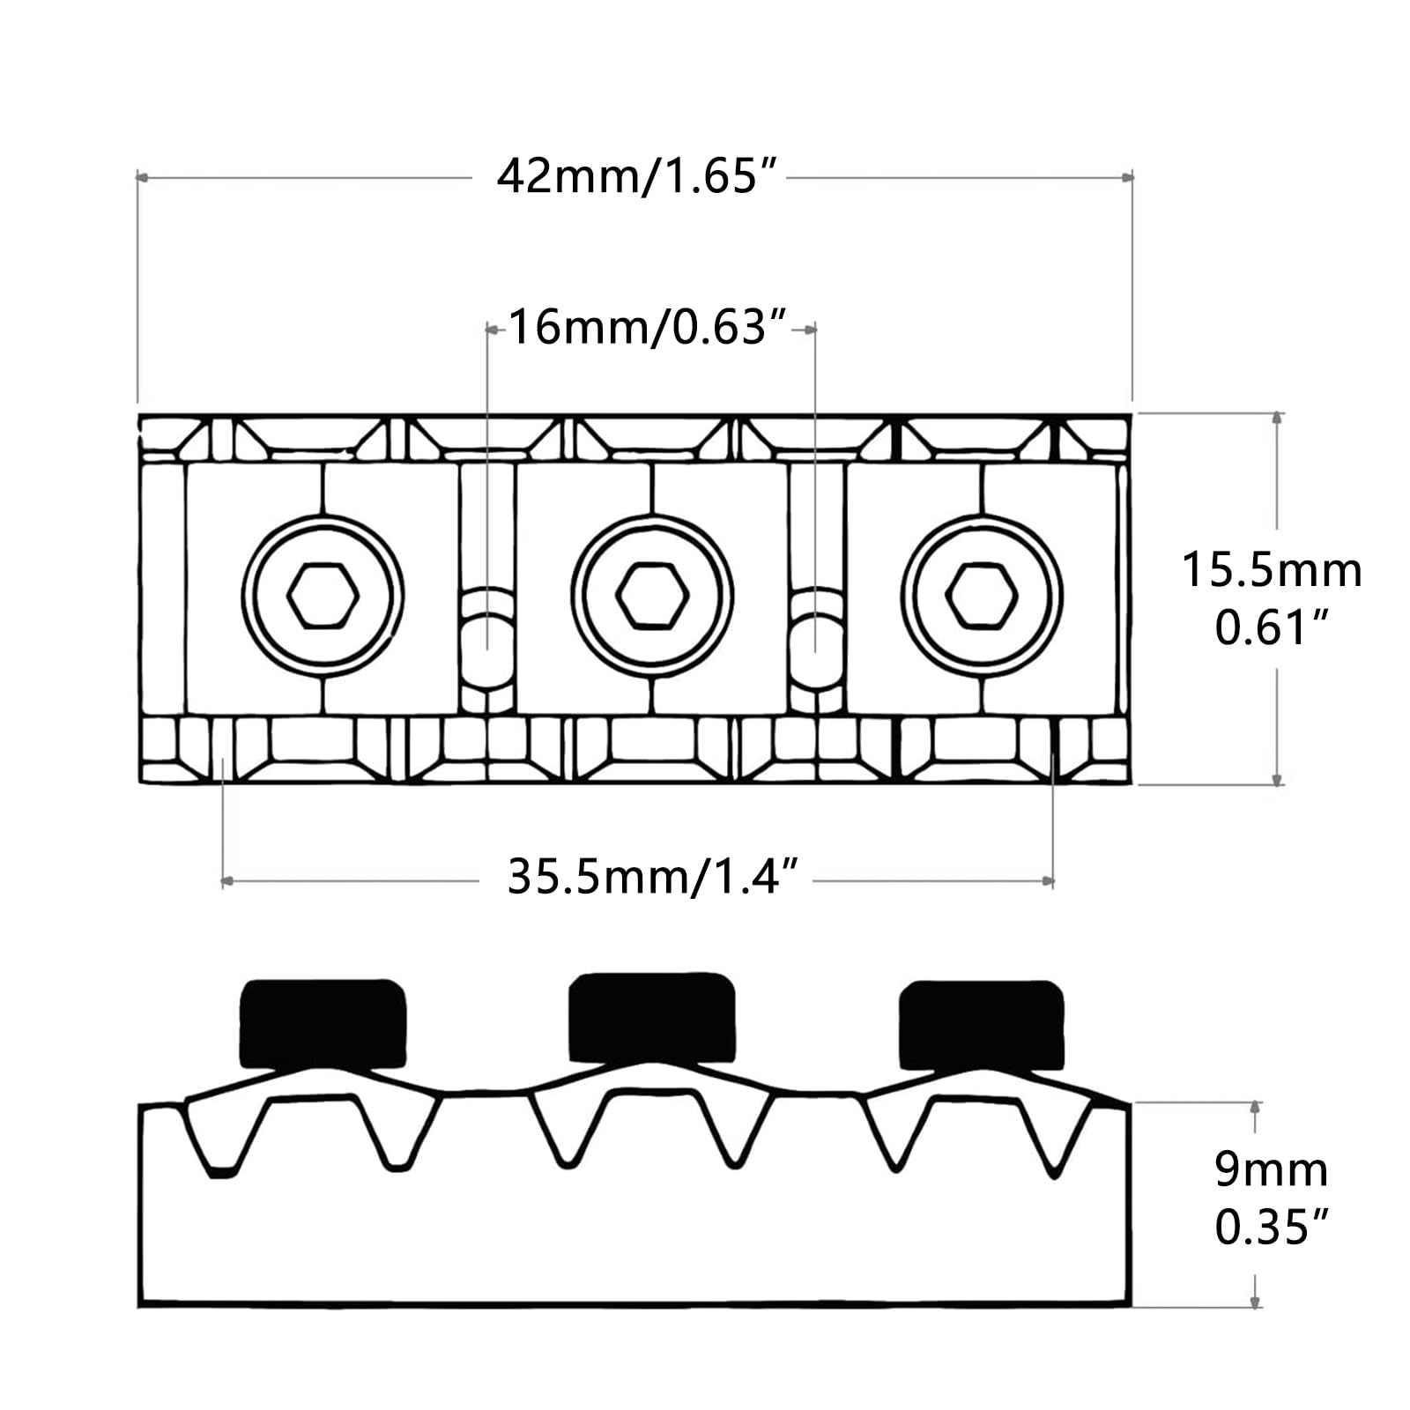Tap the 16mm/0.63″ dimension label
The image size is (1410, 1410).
pos(647,328)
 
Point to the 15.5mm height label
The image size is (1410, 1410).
pos(1271,570)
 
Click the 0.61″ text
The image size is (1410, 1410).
pos(1271,628)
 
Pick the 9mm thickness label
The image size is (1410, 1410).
pos(1271,1170)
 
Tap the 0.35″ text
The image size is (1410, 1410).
pos(1271,1227)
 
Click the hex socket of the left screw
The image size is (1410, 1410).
pos(323,596)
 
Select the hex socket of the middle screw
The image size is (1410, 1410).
pos(652,596)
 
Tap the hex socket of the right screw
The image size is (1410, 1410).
pos(982,596)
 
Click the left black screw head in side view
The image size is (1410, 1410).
pos(323,1023)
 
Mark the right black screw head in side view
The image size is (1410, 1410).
pos(981,1023)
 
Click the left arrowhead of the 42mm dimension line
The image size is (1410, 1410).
pos(141,177)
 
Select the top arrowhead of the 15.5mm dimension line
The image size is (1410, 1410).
pos(1278,418)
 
